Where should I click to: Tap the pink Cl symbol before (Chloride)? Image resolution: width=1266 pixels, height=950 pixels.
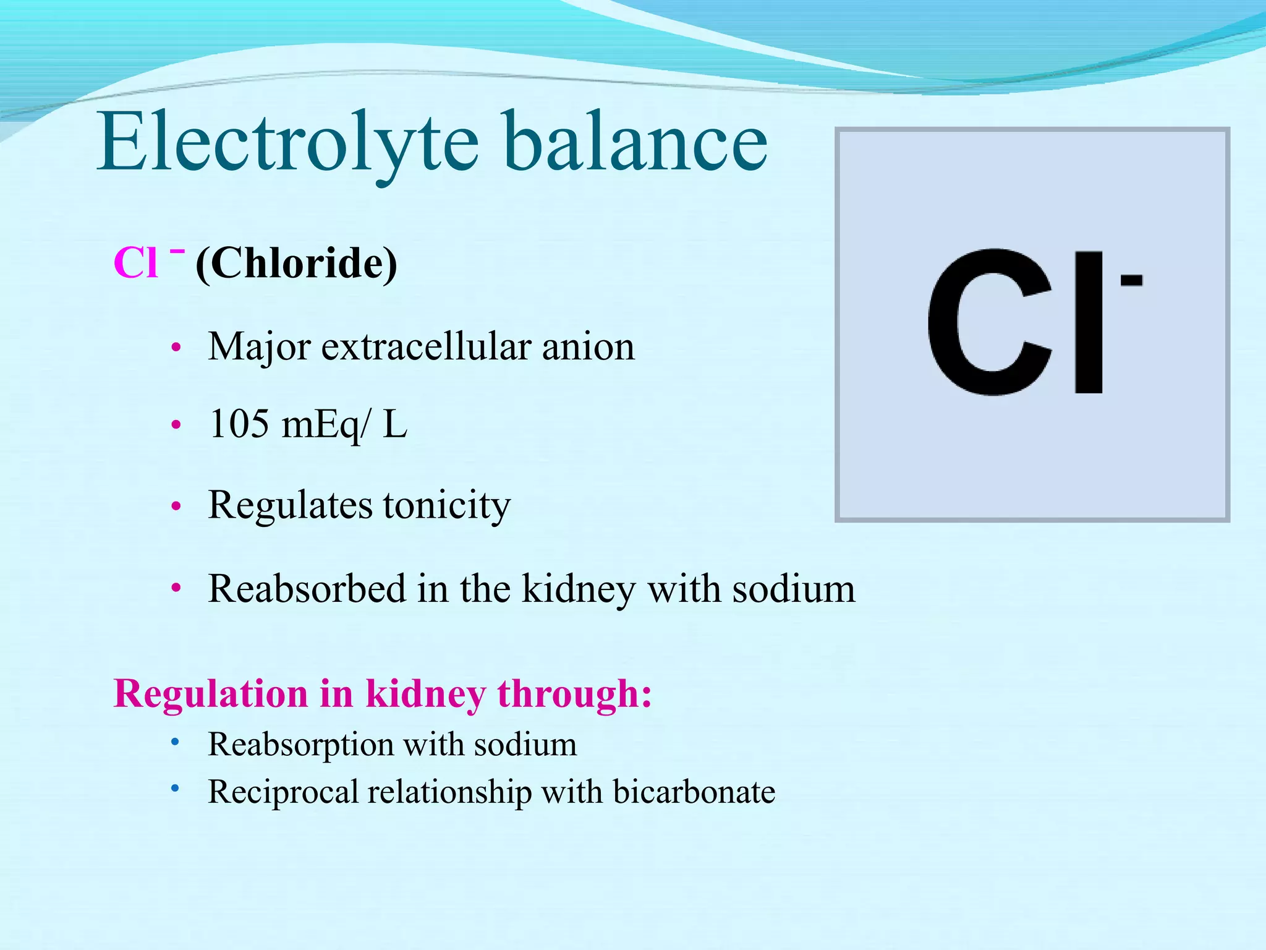point(136,263)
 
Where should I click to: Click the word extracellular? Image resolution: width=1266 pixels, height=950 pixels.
point(426,346)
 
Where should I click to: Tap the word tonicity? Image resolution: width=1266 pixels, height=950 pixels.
point(446,506)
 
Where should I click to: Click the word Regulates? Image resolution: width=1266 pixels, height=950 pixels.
point(290,506)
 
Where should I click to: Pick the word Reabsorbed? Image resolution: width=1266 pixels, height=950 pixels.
point(307,588)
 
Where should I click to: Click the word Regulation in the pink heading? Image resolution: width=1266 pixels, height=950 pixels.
point(211,694)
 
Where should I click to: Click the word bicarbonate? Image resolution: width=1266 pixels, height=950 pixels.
point(694,792)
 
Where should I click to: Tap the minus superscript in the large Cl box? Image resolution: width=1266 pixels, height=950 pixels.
point(1131,281)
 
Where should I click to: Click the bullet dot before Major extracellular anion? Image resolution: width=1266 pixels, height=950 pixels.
point(176,348)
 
